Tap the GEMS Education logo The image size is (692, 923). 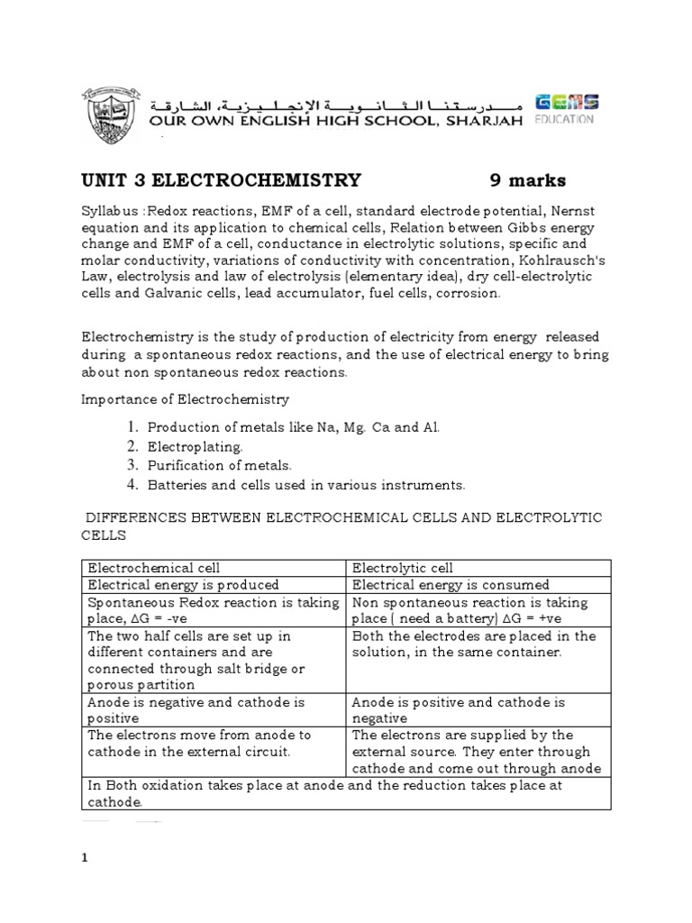tap(565, 109)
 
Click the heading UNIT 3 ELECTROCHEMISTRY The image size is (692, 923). tap(222, 180)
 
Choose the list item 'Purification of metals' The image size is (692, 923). tap(220, 466)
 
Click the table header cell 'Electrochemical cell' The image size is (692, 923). tap(152, 568)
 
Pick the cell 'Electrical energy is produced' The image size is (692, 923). tap(183, 585)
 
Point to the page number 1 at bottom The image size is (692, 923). tap(85, 858)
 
